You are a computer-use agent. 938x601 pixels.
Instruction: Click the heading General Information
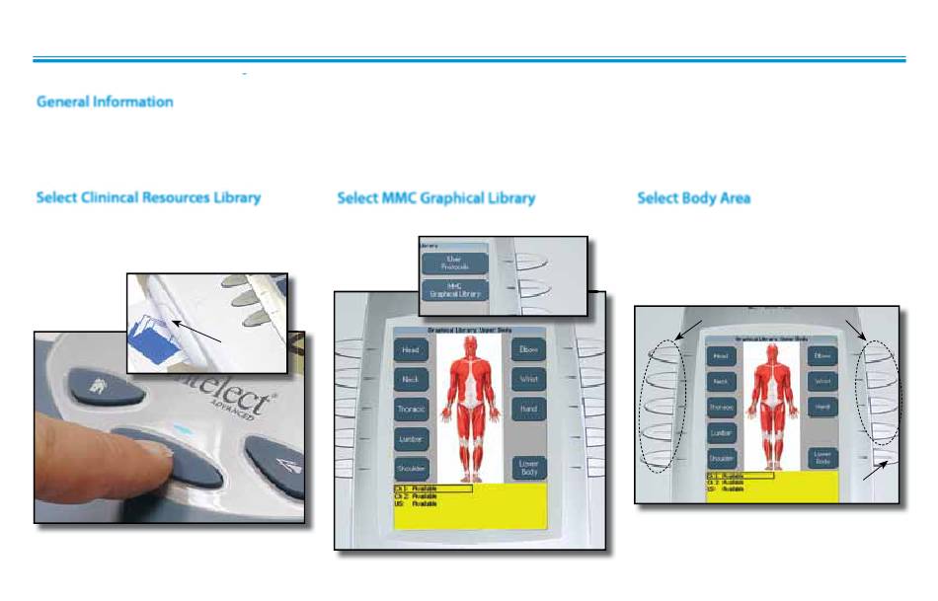tap(105, 102)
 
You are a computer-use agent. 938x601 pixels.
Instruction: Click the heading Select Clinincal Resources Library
tap(148, 197)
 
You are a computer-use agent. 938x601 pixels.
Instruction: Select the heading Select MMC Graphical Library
tap(435, 197)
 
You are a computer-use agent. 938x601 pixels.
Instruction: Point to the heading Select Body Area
tap(693, 197)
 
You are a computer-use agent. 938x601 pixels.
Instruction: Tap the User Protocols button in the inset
tap(455, 263)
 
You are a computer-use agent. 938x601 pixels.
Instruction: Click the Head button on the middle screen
tap(411, 349)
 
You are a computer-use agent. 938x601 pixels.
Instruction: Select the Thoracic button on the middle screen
tap(411, 409)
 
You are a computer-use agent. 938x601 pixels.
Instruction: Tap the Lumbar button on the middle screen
tap(411, 438)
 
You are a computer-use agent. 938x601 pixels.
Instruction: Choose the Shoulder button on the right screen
tap(722, 457)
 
